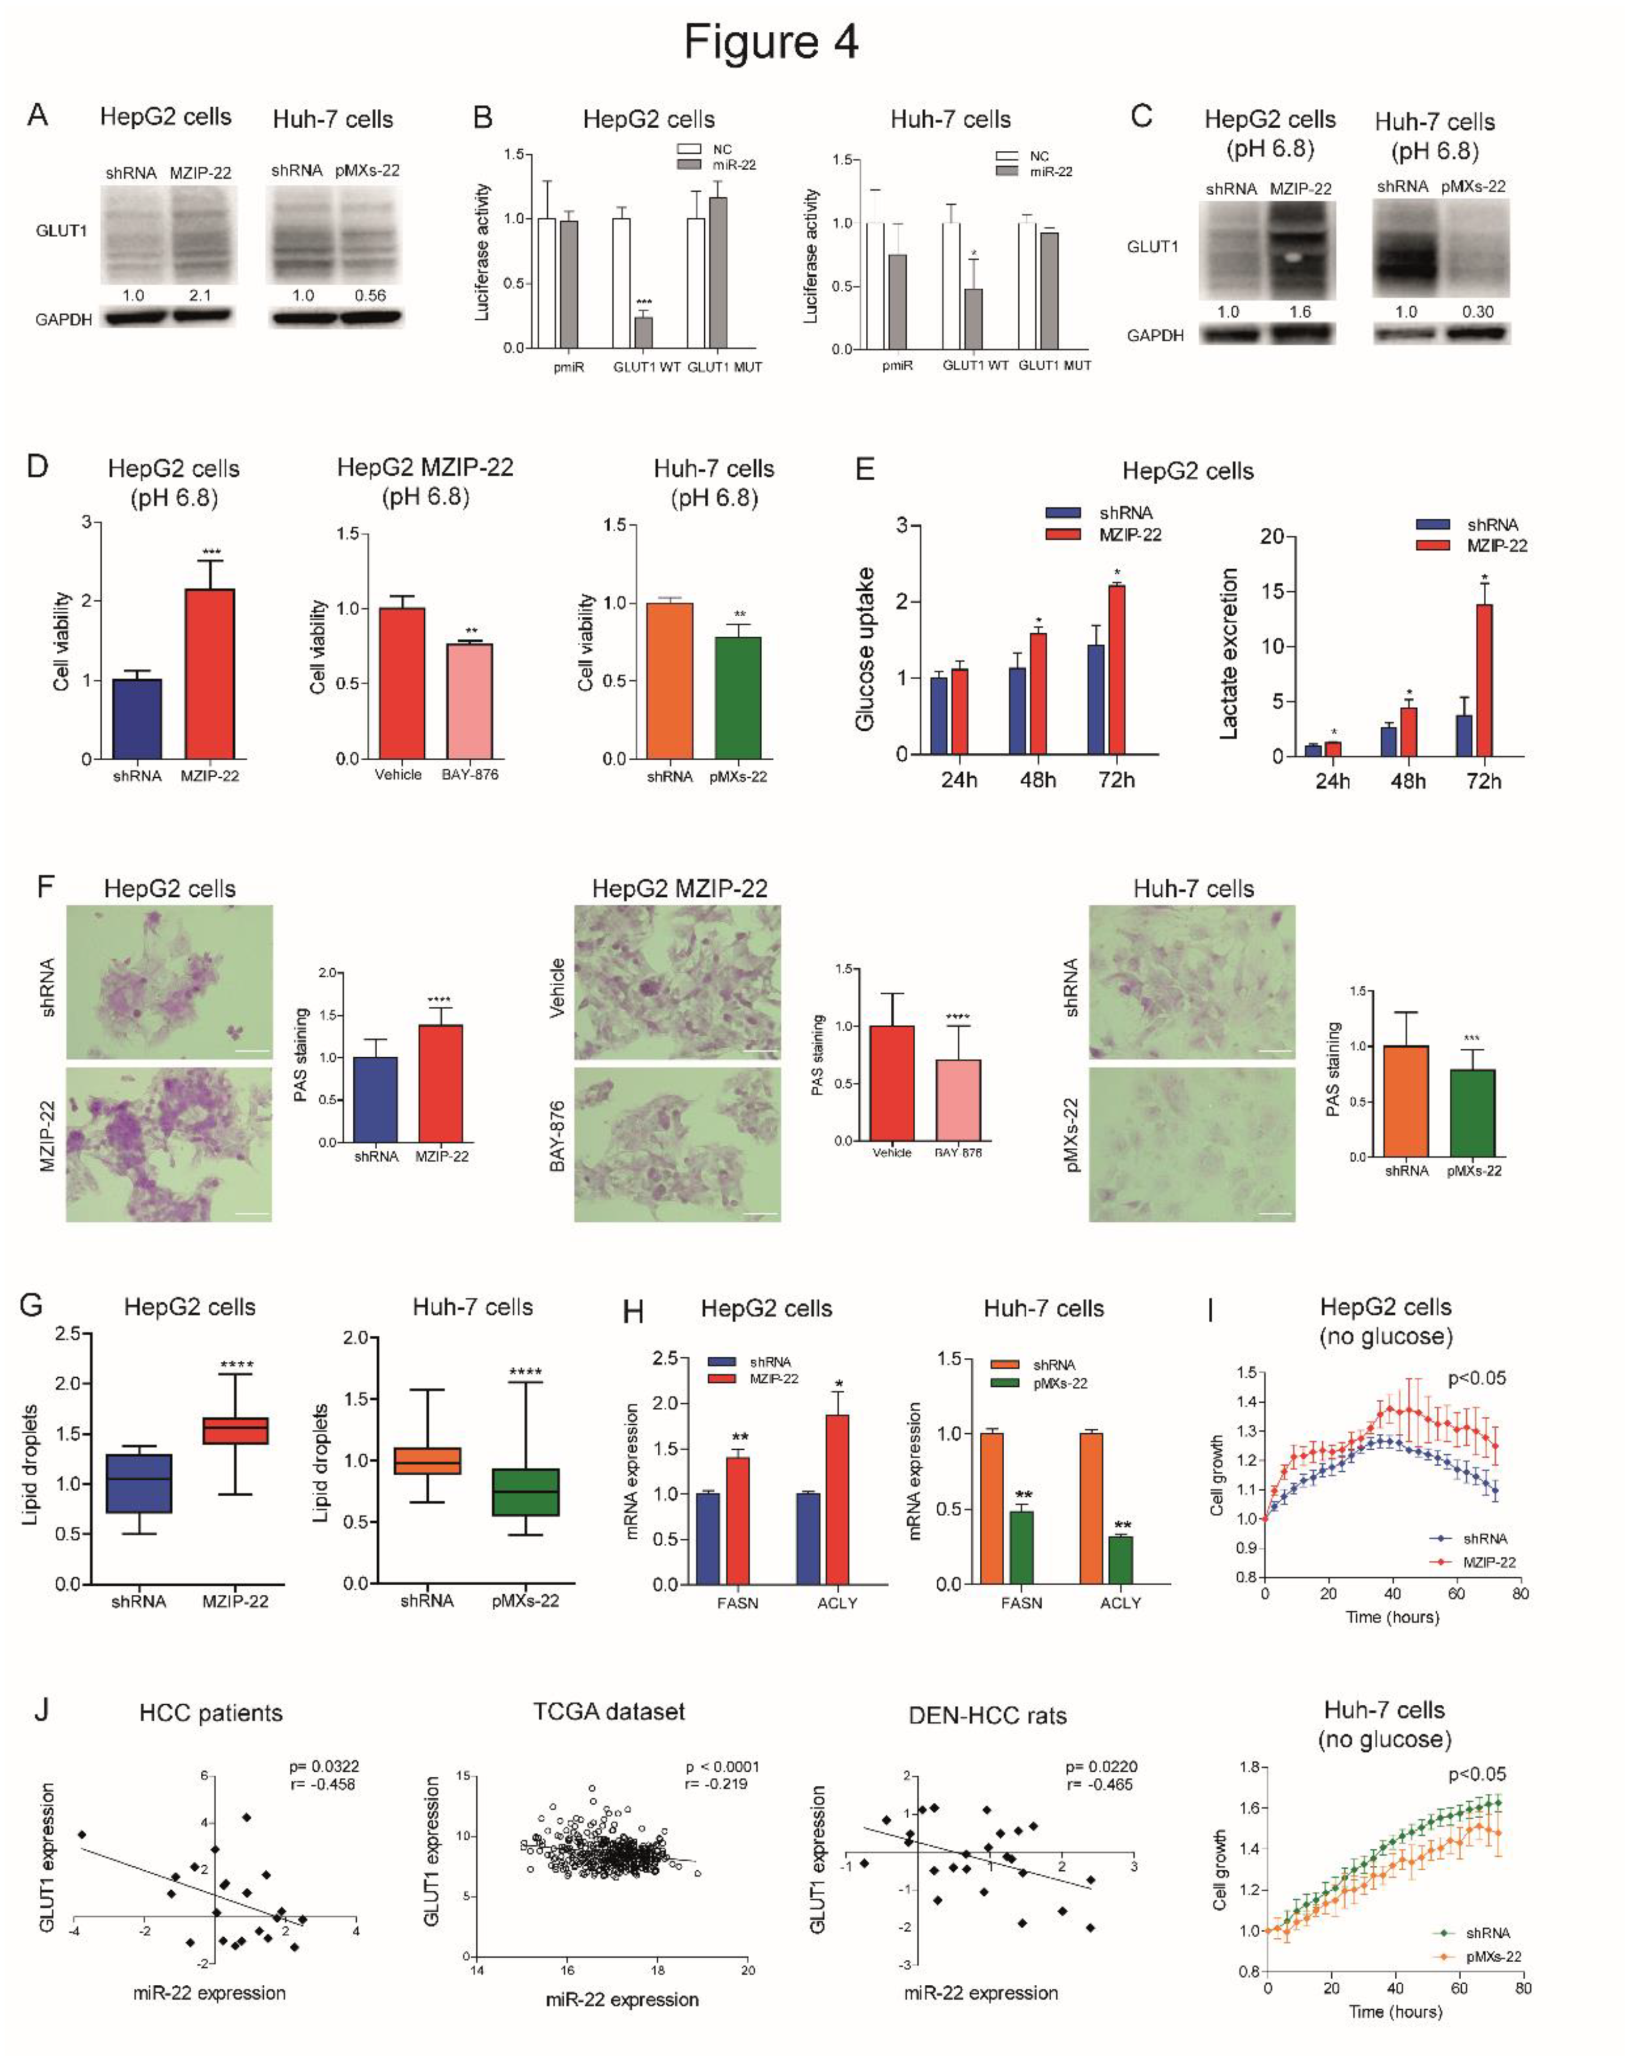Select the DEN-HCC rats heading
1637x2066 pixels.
tap(987, 1715)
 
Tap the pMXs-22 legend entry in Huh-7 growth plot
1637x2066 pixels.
tap(1490, 1957)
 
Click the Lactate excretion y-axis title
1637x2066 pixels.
tap(1228, 654)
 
